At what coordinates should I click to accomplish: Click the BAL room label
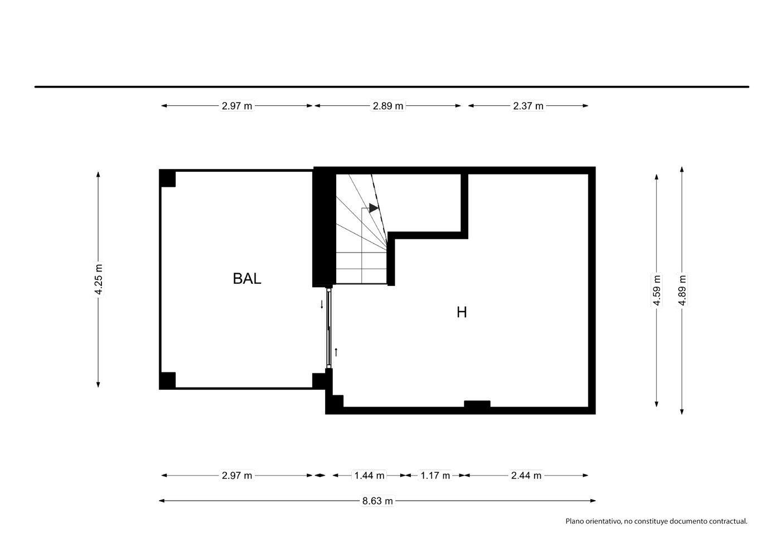[247, 279]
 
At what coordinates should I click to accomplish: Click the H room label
[462, 312]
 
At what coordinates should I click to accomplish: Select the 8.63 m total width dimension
[377, 501]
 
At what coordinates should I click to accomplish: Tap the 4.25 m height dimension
[99, 279]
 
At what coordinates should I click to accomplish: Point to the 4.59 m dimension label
[656, 290]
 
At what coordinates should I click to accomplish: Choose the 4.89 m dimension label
[682, 290]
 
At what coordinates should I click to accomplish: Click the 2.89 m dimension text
[388, 106]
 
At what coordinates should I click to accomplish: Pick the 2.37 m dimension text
[528, 106]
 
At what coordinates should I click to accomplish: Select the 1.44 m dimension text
[369, 476]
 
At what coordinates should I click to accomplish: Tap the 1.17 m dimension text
[435, 476]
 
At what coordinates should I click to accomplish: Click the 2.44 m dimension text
[526, 476]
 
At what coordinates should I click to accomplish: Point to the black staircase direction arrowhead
[374, 208]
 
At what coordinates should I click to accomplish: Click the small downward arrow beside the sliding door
[322, 304]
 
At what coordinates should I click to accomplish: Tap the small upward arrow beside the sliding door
[336, 352]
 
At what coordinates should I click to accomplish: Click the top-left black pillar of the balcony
[167, 178]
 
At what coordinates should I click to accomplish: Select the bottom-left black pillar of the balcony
[167, 381]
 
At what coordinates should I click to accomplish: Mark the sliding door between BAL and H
[329, 328]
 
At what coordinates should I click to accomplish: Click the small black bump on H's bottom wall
[477, 404]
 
